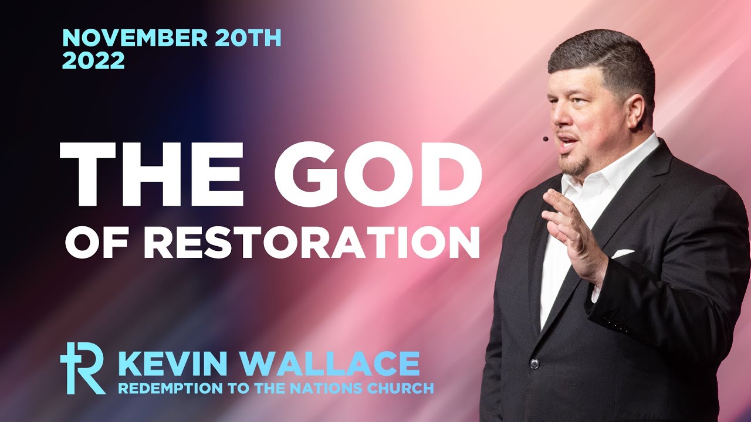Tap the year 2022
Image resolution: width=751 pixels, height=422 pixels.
tap(93, 61)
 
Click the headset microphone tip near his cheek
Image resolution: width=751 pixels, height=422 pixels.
tap(546, 139)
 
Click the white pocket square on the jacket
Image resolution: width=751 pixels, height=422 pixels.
tap(623, 254)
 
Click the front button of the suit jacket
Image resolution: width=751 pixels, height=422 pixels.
tap(534, 363)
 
